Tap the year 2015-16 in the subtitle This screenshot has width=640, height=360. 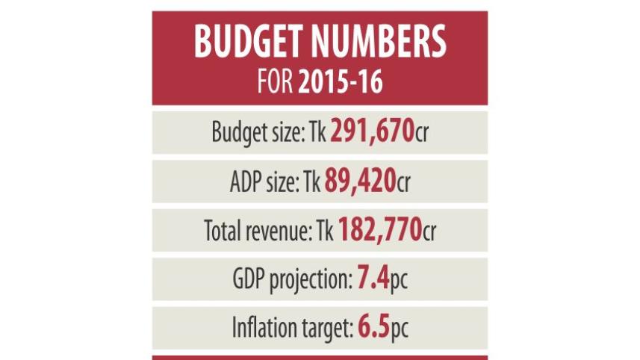341,82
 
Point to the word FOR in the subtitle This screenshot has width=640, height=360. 274,82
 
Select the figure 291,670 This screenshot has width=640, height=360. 372,131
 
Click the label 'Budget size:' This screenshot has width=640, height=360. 255,133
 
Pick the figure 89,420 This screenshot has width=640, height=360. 359,181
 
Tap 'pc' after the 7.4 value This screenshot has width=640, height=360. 400,283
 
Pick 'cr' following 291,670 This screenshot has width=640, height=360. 423,134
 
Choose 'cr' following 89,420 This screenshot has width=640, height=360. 404,184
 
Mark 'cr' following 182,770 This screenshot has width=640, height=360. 429,233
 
